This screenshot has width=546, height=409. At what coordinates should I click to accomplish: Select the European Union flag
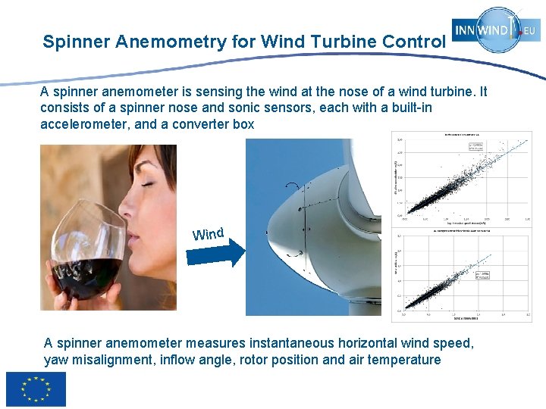coord(36,389)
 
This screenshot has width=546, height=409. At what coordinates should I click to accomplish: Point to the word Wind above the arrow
coord(208,233)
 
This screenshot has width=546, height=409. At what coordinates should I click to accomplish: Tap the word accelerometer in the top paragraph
coord(83,123)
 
